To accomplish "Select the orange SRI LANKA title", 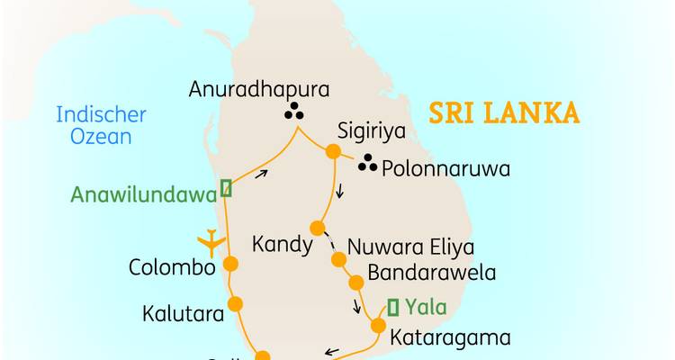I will tap(503, 114).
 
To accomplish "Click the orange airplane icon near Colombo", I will tap(211, 240).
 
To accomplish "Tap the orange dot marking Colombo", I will tap(229, 264).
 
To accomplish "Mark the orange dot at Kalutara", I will tap(236, 303).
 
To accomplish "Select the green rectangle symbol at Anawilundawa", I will tap(226, 188).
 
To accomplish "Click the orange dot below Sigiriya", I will tap(332, 152).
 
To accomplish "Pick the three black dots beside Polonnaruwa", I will tap(367, 165).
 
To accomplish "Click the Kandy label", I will tap(282, 245).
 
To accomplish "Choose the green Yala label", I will tap(426, 307).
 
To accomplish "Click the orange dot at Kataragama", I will tap(378, 326).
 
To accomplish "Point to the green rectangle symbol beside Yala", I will tap(392, 306).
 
